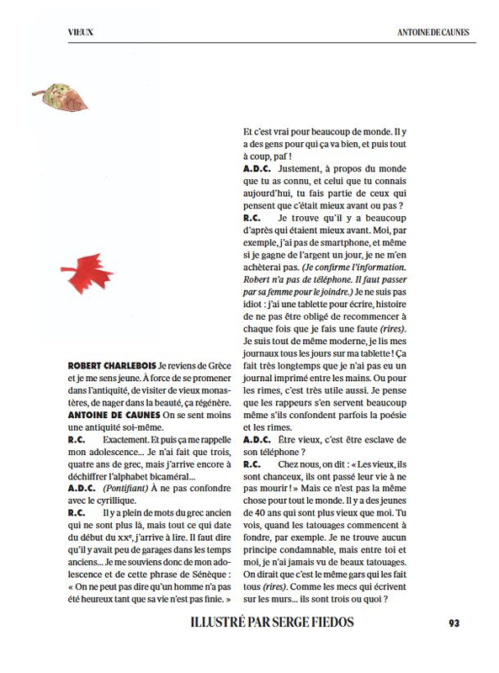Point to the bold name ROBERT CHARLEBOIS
click(x=110, y=368)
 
